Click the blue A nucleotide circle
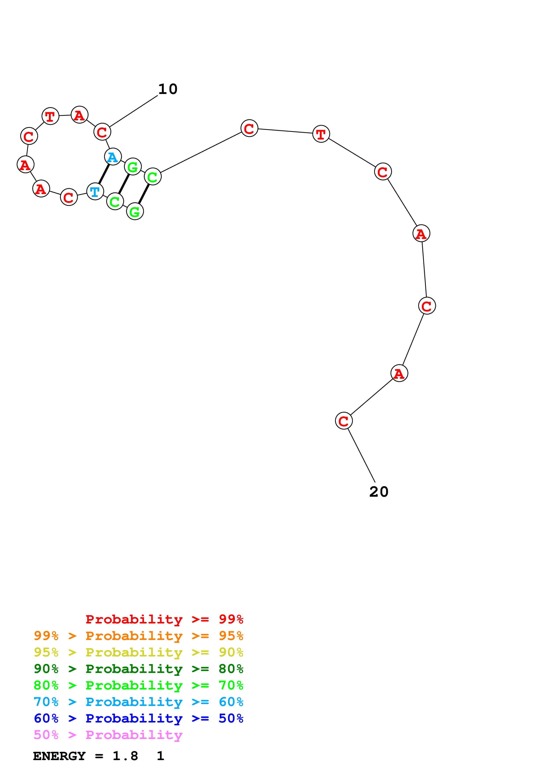click(x=113, y=157)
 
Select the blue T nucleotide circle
click(x=95, y=191)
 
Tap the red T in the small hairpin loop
click(x=50, y=116)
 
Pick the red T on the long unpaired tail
click(x=321, y=134)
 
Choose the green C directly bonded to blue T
click(x=115, y=201)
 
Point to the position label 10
click(x=168, y=89)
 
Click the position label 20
click(x=379, y=492)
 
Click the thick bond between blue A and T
click(x=104, y=174)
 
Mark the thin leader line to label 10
click(x=133, y=111)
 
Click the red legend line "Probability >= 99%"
click(x=164, y=619)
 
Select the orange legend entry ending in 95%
click(x=138, y=636)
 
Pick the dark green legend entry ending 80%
click(x=138, y=669)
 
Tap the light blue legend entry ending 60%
click(x=138, y=702)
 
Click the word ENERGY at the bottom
click(x=59, y=756)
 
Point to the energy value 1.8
click(x=125, y=756)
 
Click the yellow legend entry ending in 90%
click(x=138, y=652)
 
